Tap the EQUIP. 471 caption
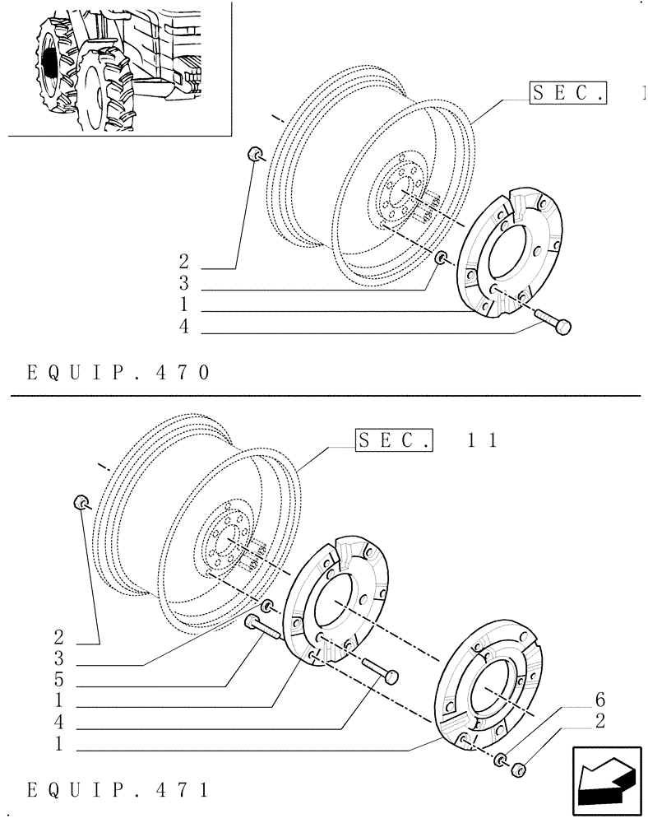coord(118,791)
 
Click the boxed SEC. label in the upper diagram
coord(567,93)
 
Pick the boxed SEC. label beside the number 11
coord(394,439)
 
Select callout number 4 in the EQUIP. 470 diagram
coord(183,328)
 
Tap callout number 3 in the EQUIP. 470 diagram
coord(183,285)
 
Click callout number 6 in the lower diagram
coord(599,701)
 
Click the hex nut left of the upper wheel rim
coord(256,154)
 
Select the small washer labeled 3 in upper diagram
coord(442,259)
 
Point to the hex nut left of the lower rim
coord(81,501)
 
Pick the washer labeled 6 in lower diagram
coord(500,758)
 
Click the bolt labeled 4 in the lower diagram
coord(378,669)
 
